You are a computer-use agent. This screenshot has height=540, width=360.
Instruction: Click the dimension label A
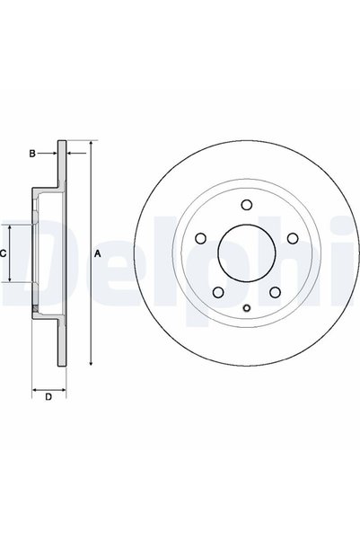coord(98,253)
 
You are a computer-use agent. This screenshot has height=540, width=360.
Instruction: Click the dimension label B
coord(32,154)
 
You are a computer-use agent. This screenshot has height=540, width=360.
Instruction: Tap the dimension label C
coord(3,253)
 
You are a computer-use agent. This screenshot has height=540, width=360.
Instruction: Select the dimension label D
coord(48,397)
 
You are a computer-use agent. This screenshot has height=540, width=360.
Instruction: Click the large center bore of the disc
coord(247,253)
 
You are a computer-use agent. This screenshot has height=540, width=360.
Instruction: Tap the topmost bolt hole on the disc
coord(246,205)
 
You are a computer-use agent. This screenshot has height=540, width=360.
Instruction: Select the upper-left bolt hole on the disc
coord(200,238)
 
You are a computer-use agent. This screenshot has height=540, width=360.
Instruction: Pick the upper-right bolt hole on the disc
coord(293,238)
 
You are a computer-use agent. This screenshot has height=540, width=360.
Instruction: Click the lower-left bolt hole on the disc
coord(218,292)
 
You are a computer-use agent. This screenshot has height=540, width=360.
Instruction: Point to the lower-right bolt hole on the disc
coord(275,292)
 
